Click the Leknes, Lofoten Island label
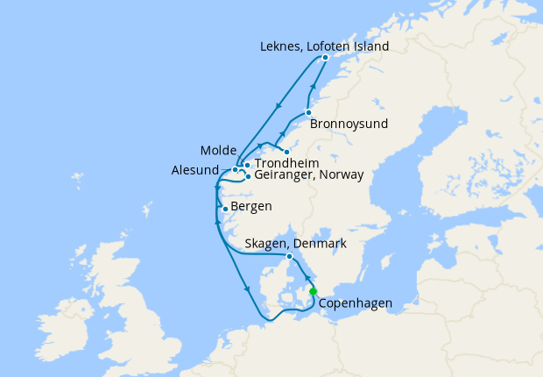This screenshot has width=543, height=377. (325, 46)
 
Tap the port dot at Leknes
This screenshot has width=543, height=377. (325, 58)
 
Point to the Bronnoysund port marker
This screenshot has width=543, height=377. (308, 112)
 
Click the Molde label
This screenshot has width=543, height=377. (217, 151)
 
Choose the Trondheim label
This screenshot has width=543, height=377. (286, 164)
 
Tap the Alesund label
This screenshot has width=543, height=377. (195, 170)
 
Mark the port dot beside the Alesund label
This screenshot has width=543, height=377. (235, 170)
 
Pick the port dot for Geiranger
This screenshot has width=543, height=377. (248, 176)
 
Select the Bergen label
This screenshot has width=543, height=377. (251, 207)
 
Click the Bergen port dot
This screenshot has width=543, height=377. (226, 209)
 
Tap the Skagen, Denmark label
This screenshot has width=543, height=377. (297, 243)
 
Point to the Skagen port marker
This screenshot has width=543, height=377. (289, 256)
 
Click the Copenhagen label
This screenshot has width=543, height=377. (355, 304)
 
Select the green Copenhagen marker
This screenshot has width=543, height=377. (313, 292)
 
